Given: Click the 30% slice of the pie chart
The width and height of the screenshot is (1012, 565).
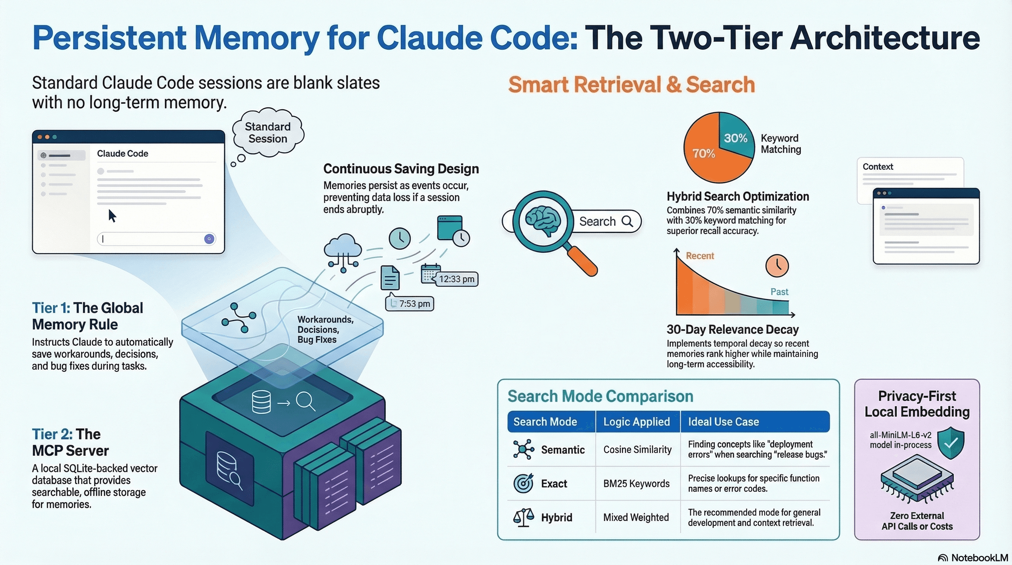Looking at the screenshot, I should (x=735, y=138).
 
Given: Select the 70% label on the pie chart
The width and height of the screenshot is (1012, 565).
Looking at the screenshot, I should (x=703, y=153).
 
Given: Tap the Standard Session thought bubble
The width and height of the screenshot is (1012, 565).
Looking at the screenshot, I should (x=268, y=133).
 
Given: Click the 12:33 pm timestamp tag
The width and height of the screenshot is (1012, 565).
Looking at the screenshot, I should (x=456, y=279).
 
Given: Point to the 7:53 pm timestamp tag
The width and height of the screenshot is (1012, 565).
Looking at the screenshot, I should (x=410, y=304).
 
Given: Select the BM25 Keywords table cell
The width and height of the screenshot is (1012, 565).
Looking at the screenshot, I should (x=636, y=484).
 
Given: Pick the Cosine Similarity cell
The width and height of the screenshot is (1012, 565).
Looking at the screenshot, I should (x=637, y=449).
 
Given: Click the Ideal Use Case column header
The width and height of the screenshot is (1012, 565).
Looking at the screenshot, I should (x=723, y=422).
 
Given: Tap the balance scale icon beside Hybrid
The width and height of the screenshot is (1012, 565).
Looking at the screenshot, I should (x=523, y=517).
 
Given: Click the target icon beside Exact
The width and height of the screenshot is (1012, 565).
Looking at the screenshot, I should (x=523, y=483).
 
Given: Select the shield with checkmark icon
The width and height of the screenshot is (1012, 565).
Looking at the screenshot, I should (x=951, y=443).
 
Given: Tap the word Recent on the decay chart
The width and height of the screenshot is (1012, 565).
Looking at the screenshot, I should (x=700, y=256).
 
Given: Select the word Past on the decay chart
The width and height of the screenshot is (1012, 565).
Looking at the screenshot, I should (x=779, y=292).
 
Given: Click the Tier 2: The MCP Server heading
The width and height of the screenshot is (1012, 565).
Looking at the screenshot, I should (x=70, y=443).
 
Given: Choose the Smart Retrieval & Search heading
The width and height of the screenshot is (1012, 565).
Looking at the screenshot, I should (x=631, y=85).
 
